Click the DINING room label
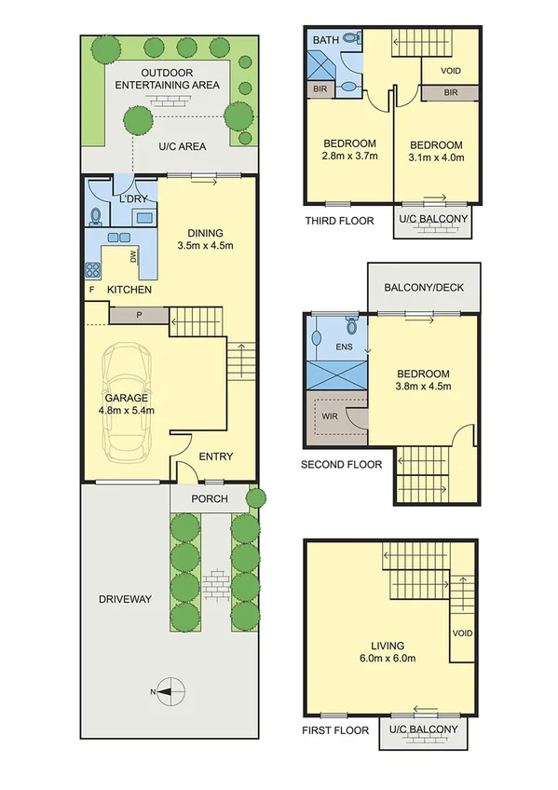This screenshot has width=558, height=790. [204, 238]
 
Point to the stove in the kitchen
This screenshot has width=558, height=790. [94, 271]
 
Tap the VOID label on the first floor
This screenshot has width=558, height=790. [463, 633]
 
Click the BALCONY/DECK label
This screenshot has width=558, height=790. [424, 288]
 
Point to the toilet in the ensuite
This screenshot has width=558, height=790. [351, 325]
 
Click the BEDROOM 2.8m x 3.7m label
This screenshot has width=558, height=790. [349, 149]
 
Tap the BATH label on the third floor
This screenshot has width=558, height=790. [325, 40]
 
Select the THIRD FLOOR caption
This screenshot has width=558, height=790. [339, 221]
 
